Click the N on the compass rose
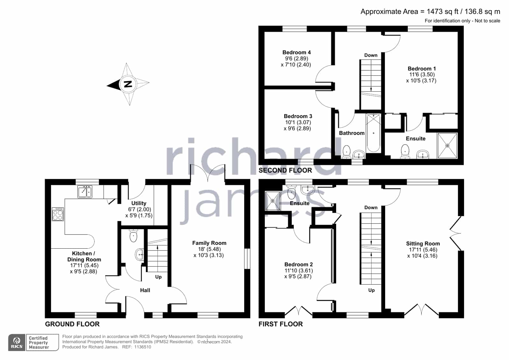[128, 84]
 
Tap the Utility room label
[138, 203]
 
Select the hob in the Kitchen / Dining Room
[58, 214]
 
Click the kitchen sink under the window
[85, 192]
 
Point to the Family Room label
[209, 243]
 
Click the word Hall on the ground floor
[145, 290]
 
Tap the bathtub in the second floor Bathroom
[373, 133]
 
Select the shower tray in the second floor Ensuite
[447, 145]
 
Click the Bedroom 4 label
[297, 52]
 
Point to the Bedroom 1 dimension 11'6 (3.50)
[422, 74]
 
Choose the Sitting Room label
[423, 244]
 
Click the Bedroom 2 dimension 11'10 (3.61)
[299, 271]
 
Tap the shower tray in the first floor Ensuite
[273, 201]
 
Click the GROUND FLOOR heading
[72, 324]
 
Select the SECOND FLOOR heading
[285, 171]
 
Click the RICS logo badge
[17, 342]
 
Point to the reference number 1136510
[143, 347]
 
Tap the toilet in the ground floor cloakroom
[133, 236]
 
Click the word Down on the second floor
[371, 55]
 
